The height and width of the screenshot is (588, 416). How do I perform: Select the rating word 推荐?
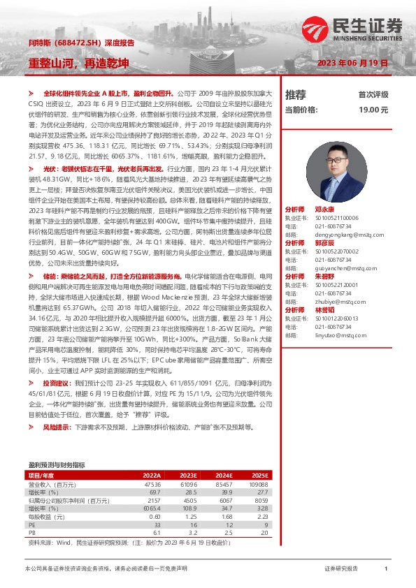tap(295, 95)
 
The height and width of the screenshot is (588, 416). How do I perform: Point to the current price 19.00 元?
tap(373, 110)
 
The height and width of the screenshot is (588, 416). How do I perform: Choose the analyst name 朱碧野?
tap(324, 277)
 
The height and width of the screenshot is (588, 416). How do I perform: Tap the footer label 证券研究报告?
tap(341, 569)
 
